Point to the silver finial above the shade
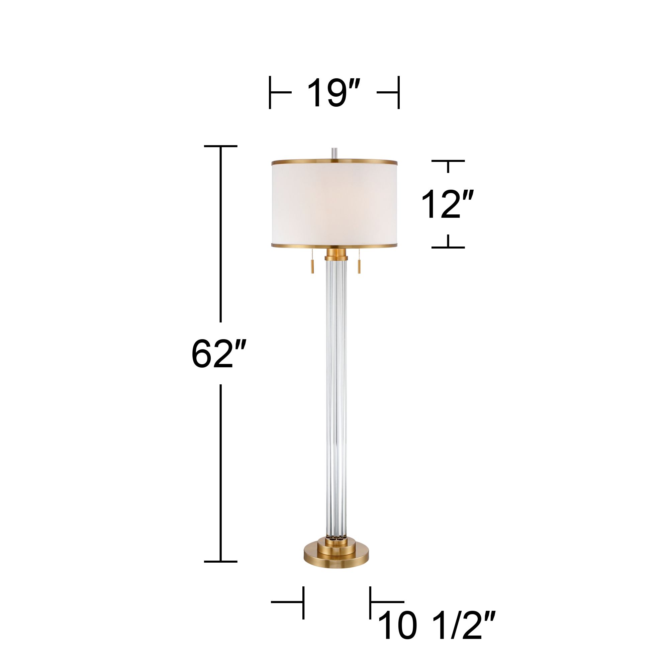334,154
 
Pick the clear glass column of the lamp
335,398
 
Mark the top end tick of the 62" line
220,147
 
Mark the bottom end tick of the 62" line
220,571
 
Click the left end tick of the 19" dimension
270,92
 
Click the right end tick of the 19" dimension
399,92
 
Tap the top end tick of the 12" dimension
448,161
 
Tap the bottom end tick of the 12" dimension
448,248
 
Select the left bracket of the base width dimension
303,602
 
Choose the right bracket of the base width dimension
371,602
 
